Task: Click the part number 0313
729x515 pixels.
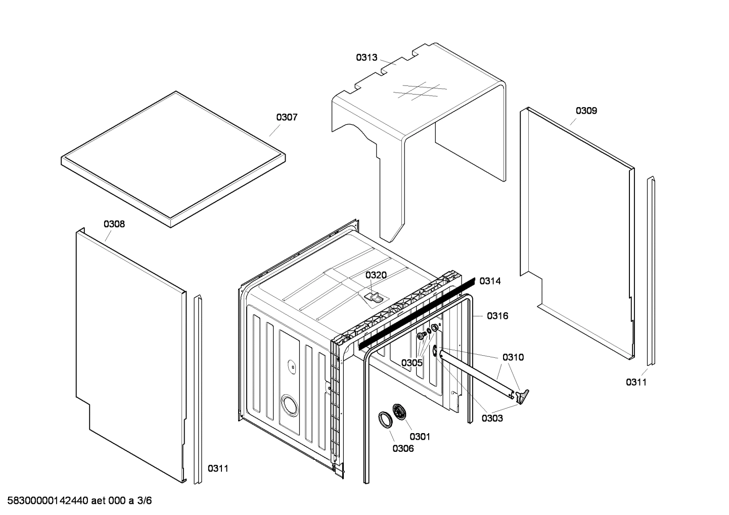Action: click(367, 58)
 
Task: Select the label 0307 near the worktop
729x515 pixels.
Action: click(287, 117)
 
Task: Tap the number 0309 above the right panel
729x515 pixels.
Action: click(586, 111)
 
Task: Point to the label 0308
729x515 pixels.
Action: click(114, 224)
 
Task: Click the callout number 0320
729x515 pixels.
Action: click(376, 275)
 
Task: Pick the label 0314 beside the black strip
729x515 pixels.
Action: click(490, 281)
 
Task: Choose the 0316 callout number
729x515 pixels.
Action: click(497, 316)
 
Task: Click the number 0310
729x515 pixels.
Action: click(513, 357)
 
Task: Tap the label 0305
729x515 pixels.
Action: click(412, 363)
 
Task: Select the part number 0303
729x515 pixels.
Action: click(492, 418)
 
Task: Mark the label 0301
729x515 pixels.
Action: click(420, 436)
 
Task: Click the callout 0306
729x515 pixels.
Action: click(403, 448)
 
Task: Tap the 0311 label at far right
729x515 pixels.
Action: click(636, 382)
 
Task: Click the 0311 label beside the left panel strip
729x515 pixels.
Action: click(218, 469)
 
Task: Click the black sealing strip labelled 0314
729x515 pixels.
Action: click(417, 313)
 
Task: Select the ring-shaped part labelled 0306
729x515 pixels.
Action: click(386, 420)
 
